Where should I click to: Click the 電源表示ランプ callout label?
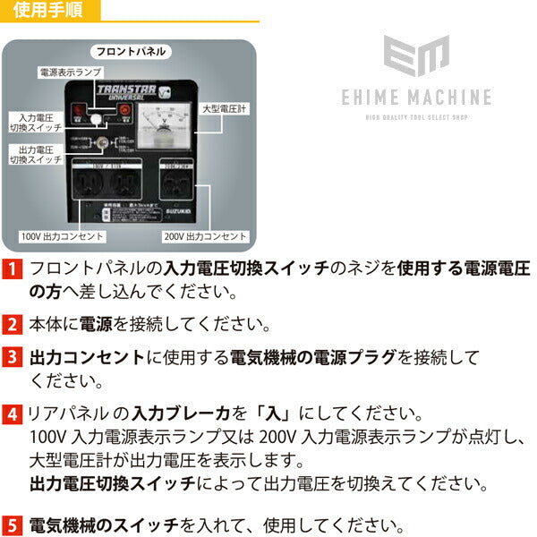coord(69,71)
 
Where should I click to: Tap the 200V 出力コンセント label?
coord(205,236)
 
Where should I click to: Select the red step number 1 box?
coord(13,268)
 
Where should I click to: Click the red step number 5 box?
coord(13,524)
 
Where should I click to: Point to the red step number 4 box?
coord(13,415)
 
